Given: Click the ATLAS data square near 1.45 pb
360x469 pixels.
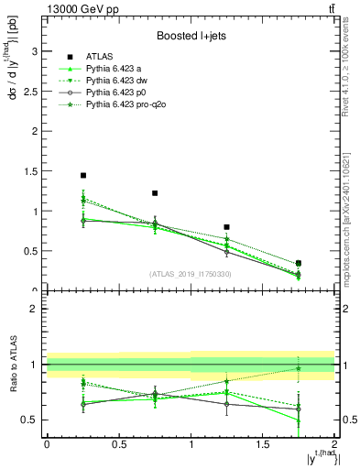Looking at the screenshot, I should (83, 175).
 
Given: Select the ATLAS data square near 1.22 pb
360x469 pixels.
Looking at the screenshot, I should (155, 193).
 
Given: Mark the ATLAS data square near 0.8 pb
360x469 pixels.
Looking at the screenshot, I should (226, 227).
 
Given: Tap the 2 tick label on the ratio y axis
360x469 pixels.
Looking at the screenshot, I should (36, 309).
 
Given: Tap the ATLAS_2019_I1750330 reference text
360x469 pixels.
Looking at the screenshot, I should (191, 274).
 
